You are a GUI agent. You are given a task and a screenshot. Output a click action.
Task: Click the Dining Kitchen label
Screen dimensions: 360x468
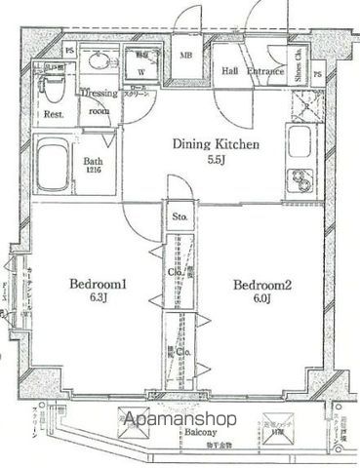click(x=216, y=145)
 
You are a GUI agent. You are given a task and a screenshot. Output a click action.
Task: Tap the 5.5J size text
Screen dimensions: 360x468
click(x=216, y=161)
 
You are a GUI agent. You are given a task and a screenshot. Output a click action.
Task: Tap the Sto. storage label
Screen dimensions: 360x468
click(x=180, y=216)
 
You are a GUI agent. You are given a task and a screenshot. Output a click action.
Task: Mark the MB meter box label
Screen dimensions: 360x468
click(x=185, y=57)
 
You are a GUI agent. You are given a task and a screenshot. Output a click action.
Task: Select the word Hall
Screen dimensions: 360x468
click(x=230, y=70)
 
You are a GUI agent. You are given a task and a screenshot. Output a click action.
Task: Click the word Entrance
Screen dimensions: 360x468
click(x=264, y=70)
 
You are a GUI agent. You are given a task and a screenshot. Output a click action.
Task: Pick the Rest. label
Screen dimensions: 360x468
click(x=54, y=114)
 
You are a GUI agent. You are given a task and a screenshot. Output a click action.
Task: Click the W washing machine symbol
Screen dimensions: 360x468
click(x=142, y=70)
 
